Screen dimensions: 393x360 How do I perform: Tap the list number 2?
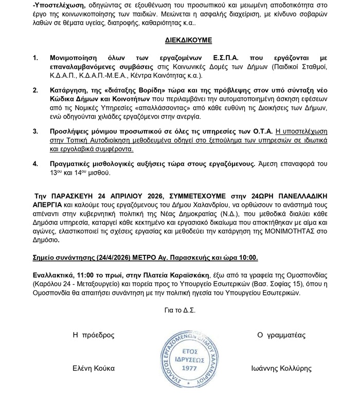click(35, 89)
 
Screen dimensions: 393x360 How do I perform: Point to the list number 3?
click(35, 132)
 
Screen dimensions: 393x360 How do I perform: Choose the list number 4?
click(35, 164)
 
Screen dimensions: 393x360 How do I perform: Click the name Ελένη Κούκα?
click(94, 368)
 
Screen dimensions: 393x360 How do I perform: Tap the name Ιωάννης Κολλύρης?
click(281, 368)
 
